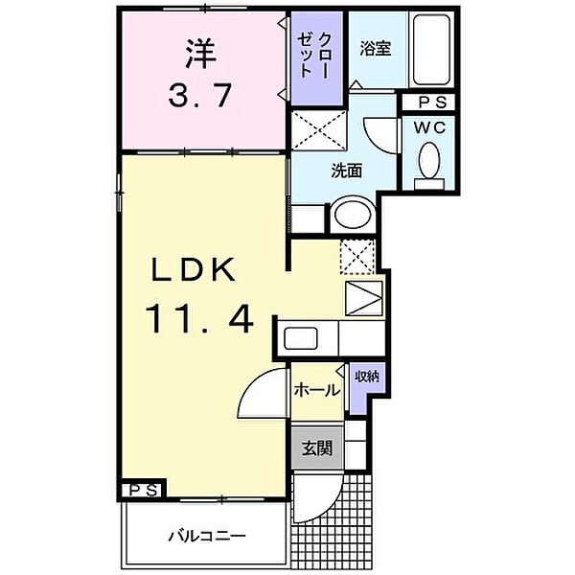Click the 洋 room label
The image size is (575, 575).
(x=200, y=54)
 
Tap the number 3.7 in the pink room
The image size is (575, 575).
(x=200, y=95)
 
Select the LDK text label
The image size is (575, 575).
(x=194, y=269)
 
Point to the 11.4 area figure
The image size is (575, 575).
(x=199, y=319)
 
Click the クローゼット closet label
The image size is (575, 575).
(x=316, y=55)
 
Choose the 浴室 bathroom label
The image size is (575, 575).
(x=376, y=49)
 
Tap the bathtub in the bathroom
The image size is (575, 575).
(x=431, y=50)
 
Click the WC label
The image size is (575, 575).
(x=429, y=127)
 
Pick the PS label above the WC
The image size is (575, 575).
(x=433, y=103)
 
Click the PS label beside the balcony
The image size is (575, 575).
(x=144, y=490)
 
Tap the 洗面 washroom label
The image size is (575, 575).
(x=347, y=171)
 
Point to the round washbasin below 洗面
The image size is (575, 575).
(x=353, y=214)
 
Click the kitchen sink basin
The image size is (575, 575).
(x=301, y=338)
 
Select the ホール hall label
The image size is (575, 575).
(x=317, y=390)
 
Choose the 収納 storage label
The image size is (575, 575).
(x=367, y=377)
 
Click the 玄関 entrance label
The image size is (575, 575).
(x=317, y=448)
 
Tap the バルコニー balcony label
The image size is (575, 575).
(x=207, y=537)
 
